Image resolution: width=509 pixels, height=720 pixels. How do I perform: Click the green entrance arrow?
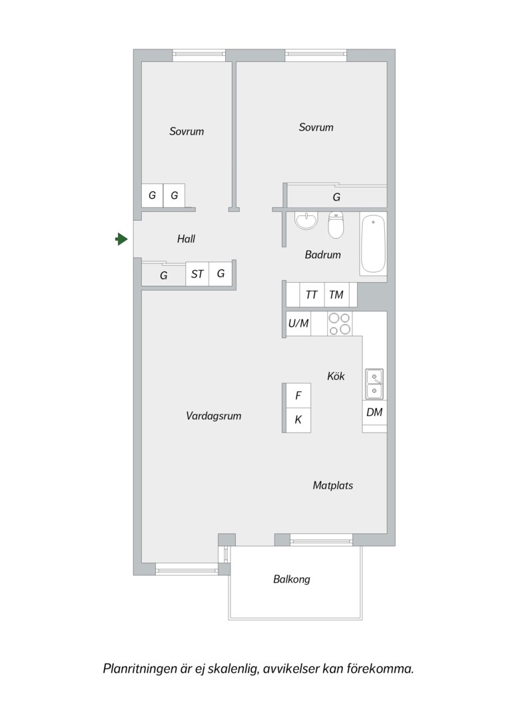[x=121, y=239]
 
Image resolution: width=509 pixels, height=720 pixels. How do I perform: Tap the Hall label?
[x=186, y=239]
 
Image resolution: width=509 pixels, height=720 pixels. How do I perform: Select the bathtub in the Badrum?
[x=372, y=244]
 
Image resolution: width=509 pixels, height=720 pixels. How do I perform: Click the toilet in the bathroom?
[x=336, y=225]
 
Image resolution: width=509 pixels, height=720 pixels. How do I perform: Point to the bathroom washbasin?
[x=306, y=221]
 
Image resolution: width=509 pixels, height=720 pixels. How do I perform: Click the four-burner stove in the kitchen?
[x=340, y=324]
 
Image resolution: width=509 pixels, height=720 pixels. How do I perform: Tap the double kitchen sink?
[x=374, y=384]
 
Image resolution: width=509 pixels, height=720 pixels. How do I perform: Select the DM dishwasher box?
[x=374, y=413]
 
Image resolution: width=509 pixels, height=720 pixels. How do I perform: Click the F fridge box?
[x=298, y=395]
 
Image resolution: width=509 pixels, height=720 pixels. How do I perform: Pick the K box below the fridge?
[x=298, y=420]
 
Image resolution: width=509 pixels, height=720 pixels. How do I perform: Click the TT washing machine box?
[x=312, y=295]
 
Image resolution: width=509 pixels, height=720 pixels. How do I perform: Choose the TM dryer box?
[x=336, y=295]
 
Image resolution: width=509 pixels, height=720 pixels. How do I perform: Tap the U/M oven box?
[x=298, y=324]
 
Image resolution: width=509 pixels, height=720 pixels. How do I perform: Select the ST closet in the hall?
[x=197, y=274]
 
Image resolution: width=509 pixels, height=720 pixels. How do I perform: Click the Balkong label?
[x=291, y=579]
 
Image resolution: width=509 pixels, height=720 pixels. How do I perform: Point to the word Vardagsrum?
[x=213, y=416]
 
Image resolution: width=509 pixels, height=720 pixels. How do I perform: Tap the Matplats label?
[x=332, y=485]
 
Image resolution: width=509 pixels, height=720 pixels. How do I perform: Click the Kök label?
[x=336, y=376]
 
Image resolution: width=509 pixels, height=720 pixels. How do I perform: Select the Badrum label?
[x=322, y=255]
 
